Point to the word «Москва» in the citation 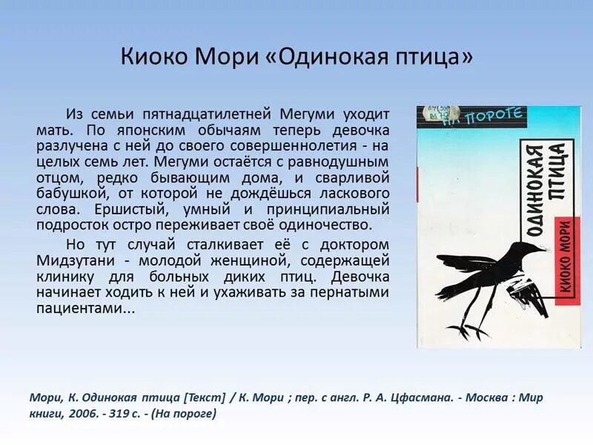click(483, 397)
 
